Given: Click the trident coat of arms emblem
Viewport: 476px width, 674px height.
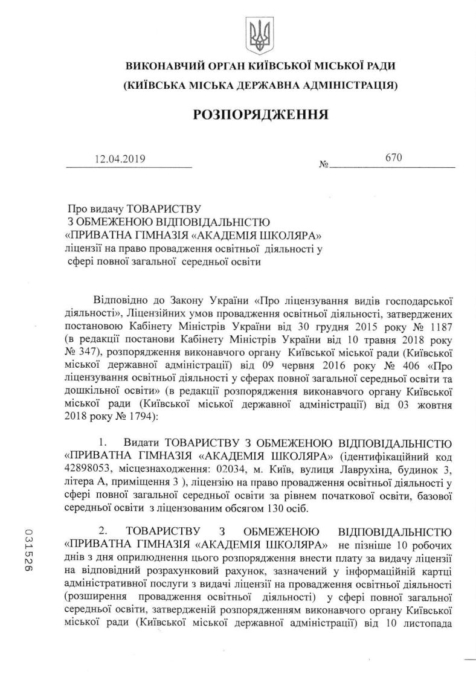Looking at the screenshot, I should pos(260,34).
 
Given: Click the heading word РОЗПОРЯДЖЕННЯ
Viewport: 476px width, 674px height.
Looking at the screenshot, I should pos(260,114).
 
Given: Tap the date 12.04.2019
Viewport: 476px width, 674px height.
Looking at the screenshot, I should pos(120,159).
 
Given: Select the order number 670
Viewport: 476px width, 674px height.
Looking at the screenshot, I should pos(393,158).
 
